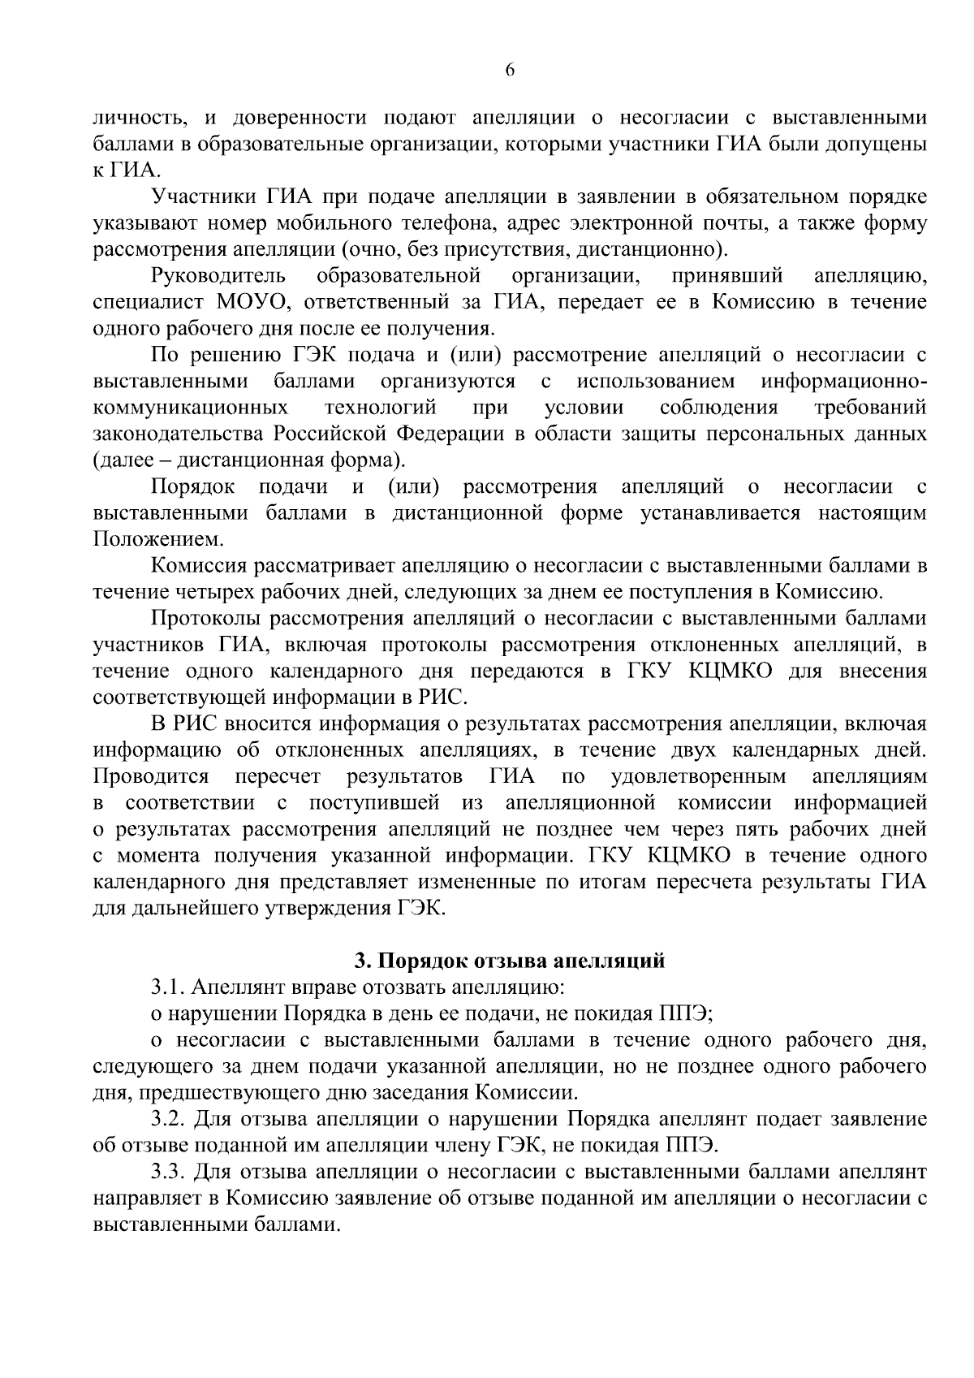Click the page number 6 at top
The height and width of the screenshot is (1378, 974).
click(509, 71)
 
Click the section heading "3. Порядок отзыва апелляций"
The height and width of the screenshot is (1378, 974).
click(509, 961)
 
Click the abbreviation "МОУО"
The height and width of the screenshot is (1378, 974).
click(248, 302)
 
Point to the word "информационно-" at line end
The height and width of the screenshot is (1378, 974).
click(844, 381)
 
